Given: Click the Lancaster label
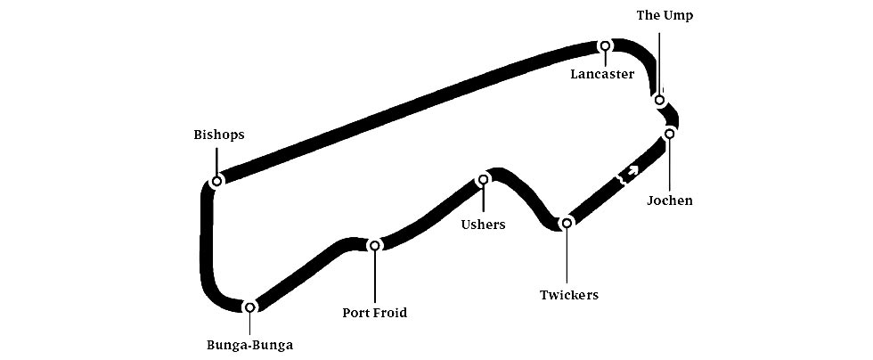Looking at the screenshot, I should coord(602,74).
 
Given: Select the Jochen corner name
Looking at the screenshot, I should coord(670,200).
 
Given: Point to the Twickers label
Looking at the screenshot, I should coord(568,295).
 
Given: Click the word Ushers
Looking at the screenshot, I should coord(483,225).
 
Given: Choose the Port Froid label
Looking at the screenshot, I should coord(374,313).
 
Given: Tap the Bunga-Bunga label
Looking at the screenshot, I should coord(249,345).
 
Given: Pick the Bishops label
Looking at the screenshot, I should coord(218,135).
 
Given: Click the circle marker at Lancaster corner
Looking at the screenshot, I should coord(605,46).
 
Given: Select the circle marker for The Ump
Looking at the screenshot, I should coord(659,100).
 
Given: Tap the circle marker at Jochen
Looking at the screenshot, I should coord(669,134).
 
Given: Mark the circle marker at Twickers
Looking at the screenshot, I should coord(565,223).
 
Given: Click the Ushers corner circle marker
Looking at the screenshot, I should coord(484,179).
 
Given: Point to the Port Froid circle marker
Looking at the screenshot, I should coord(375,245).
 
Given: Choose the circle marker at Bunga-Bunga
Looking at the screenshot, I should coord(249,307).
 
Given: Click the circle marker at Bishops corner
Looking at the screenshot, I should coord(216,181).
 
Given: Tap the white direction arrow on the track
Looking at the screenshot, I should coord(632,168).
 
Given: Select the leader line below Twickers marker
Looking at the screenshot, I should coord(566,257).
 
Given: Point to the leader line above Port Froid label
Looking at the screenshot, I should coord(375,277).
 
